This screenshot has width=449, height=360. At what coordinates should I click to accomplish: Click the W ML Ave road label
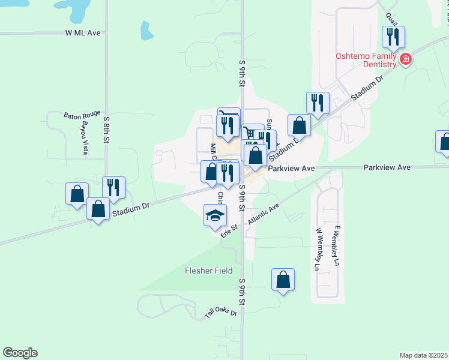point(83,34)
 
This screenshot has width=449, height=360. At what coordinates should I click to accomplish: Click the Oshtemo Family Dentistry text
point(366,60)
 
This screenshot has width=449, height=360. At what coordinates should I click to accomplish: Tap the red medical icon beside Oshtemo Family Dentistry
point(406,59)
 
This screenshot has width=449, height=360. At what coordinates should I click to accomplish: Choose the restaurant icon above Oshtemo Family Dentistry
point(393,38)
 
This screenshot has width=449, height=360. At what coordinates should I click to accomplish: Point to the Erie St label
point(229,230)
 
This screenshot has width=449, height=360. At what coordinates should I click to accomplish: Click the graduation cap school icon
point(215,216)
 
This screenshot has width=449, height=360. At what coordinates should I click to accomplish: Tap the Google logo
point(20,353)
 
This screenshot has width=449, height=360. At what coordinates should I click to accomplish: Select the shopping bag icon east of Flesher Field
point(283,280)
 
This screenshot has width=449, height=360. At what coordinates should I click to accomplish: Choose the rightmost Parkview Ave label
point(387,167)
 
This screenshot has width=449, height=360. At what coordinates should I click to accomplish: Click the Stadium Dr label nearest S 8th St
point(130,208)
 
